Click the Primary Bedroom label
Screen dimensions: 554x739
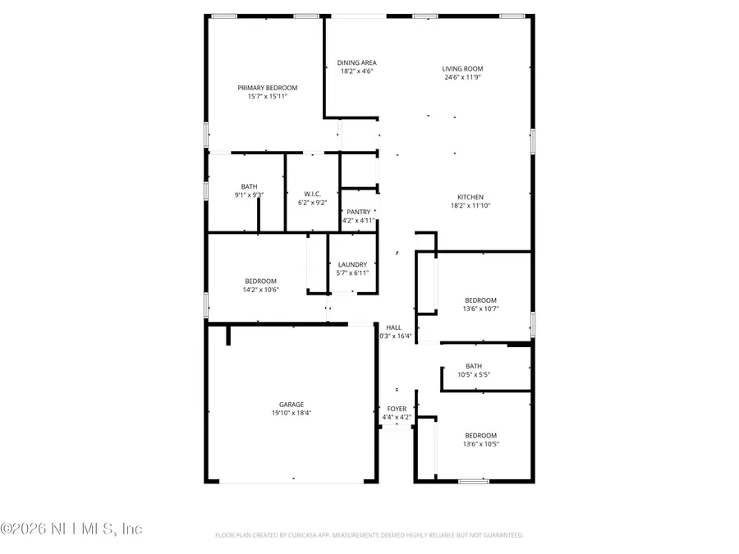tap(267, 88)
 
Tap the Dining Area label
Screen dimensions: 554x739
tap(357, 62)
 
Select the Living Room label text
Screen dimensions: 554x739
tap(462, 69)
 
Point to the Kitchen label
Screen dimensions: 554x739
tap(470, 197)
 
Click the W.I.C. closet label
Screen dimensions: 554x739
tap(311, 195)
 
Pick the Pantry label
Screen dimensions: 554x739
tap(358, 212)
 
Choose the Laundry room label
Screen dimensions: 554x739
tap(352, 264)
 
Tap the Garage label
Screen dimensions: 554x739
tap(291, 405)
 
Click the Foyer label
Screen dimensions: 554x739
tap(397, 409)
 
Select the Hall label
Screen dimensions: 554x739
tap(393, 327)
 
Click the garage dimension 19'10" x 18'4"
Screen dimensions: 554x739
tap(291, 414)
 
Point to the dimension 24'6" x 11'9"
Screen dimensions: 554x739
tap(462, 78)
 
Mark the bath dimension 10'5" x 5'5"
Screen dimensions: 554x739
tap(474, 375)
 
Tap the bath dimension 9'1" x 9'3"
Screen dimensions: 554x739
tap(249, 195)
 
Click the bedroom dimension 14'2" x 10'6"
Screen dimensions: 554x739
tap(260, 290)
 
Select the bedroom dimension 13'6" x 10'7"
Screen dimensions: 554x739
tap(481, 309)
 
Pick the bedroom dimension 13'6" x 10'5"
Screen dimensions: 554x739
tap(481, 444)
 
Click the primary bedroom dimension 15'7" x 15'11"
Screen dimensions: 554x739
tap(267, 96)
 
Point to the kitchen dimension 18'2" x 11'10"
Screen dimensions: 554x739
tap(470, 206)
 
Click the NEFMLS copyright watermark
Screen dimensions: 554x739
tap(72, 529)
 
